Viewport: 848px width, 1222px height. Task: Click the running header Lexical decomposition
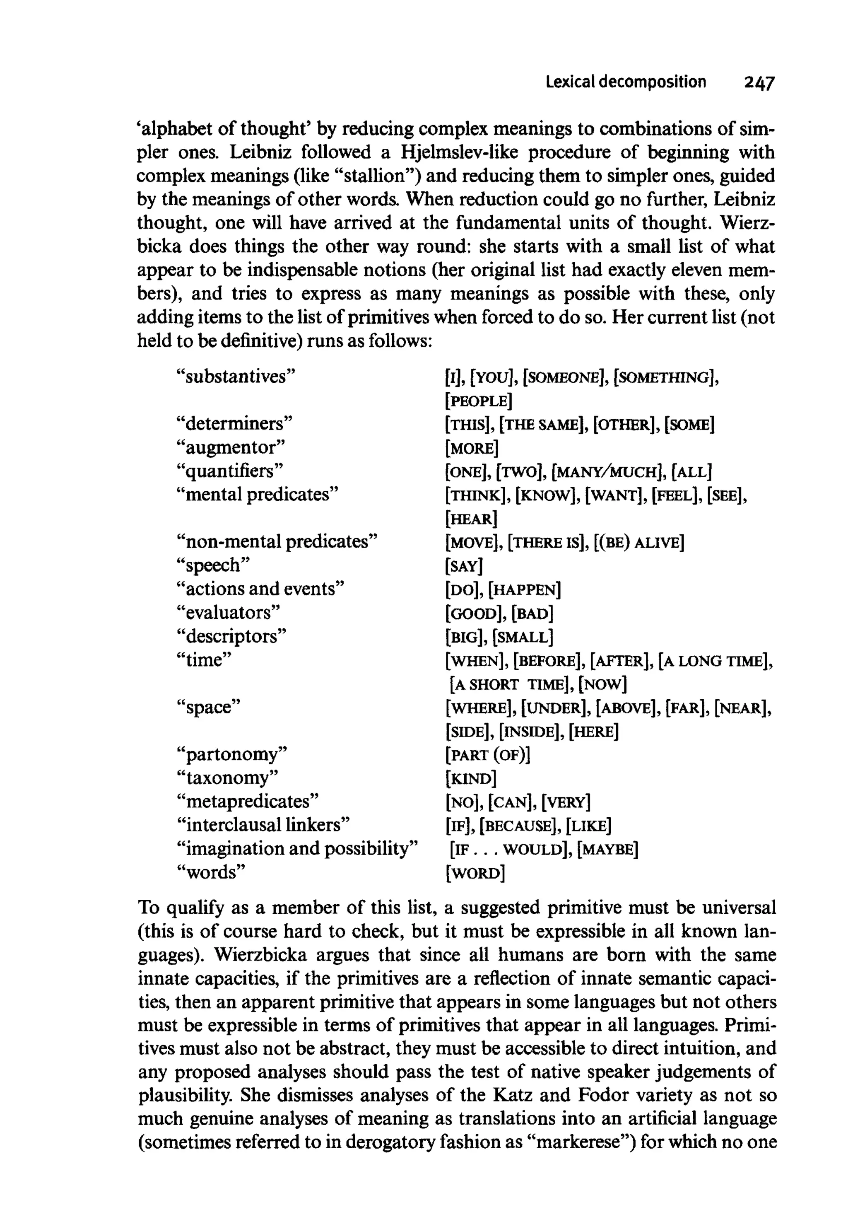[626, 82]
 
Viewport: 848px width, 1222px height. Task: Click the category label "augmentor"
[231, 447]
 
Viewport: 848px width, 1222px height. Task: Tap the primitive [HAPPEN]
[525, 590]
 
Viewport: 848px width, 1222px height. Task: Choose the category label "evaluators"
[228, 613]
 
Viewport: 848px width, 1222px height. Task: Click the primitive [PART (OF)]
[488, 755]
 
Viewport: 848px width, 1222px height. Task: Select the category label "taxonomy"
[227, 778]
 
